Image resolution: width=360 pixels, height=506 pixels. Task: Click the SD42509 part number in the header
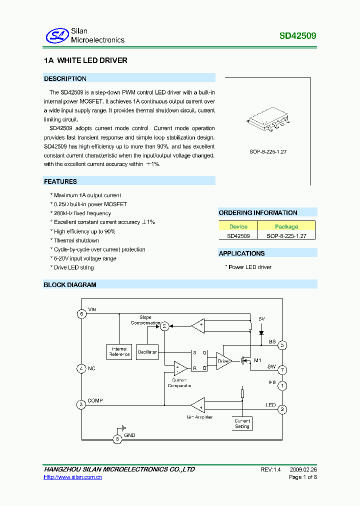coord(297,36)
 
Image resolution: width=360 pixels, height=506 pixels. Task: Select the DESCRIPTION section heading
coord(65,78)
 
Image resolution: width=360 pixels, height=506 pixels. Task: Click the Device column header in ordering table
coord(238,226)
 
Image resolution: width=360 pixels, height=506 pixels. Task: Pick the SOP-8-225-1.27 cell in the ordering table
coord(286,235)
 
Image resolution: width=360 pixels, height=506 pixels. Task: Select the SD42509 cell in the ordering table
coord(238,235)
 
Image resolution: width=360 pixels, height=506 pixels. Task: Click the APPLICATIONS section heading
coord(241,253)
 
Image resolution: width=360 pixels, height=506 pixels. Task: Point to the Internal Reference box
coord(119,352)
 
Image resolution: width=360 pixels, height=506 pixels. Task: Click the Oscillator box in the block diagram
coord(147,351)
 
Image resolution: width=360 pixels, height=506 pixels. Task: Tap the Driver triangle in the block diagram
coord(223,360)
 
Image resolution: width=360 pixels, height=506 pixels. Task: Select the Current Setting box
coord(242,423)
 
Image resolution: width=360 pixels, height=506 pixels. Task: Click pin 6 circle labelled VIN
coord(81,314)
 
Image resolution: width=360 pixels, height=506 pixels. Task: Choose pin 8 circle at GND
coord(117,439)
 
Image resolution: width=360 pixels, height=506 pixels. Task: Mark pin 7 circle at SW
coord(282,370)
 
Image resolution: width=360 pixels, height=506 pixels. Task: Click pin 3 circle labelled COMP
coord(81,404)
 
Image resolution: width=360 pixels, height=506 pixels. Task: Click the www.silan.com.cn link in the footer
coord(73,477)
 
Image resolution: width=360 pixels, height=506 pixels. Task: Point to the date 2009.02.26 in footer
coord(303,469)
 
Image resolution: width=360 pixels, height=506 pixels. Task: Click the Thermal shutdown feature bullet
coord(76,240)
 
